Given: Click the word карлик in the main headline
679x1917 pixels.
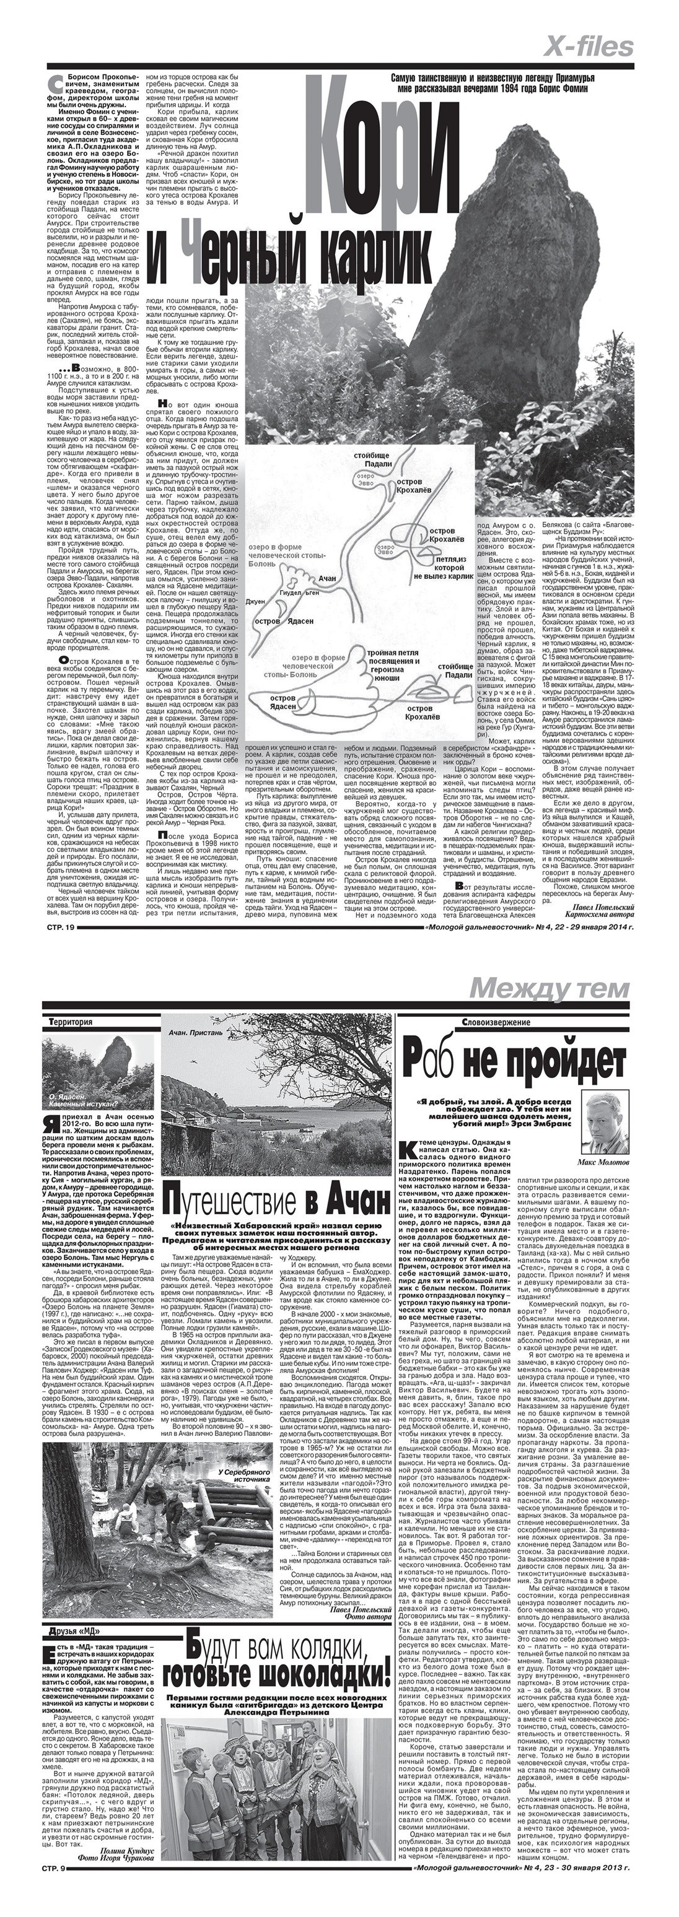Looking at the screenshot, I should coord(370,257).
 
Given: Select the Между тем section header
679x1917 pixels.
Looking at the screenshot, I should coord(550,988).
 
